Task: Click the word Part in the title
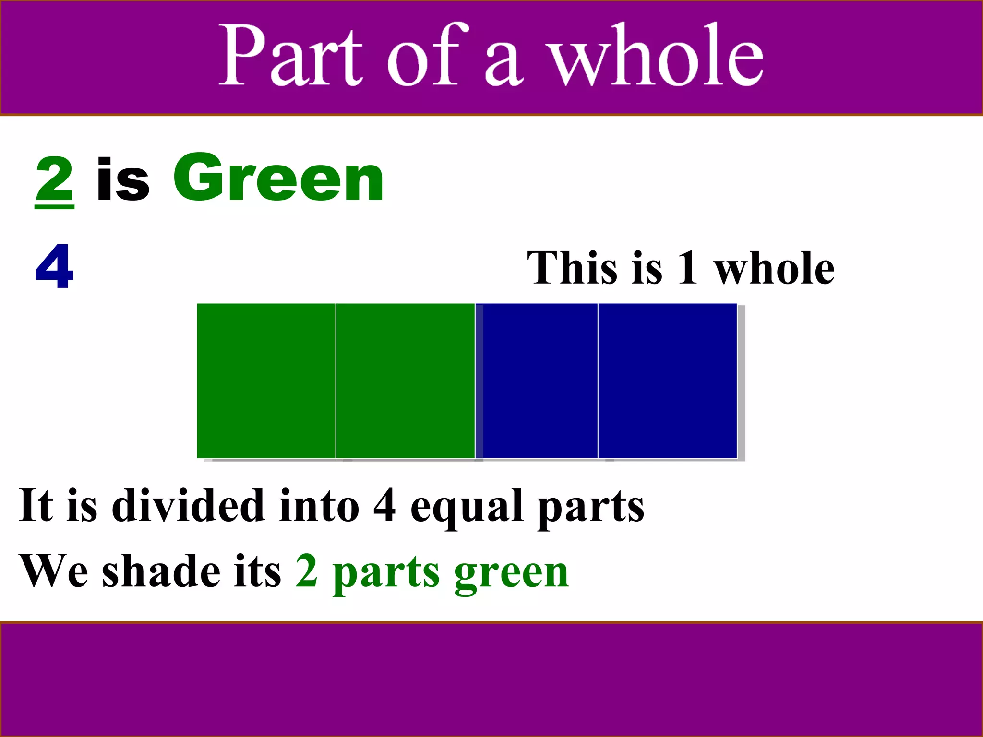pos(290,55)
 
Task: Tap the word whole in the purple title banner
pos(656,55)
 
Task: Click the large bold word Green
pos(278,179)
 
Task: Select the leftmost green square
pos(266,380)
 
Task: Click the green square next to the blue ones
pos(406,380)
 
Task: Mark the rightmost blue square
pos(667,380)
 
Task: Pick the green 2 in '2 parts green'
pos(307,571)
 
